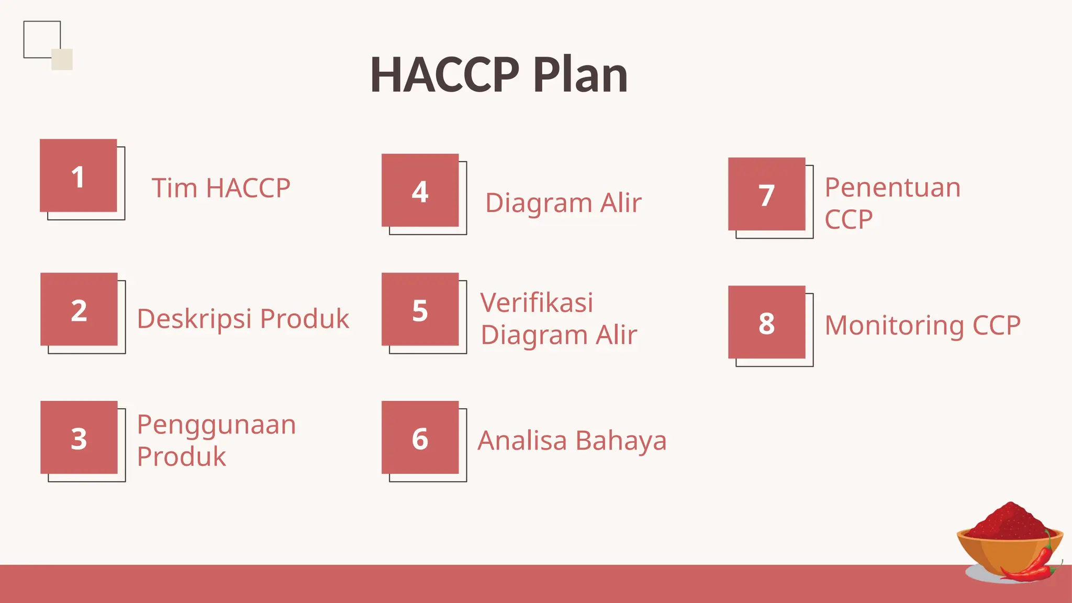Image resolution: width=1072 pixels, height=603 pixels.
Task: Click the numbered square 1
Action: pyautogui.click(x=79, y=176)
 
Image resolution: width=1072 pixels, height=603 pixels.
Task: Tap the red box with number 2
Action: pyautogui.click(x=79, y=309)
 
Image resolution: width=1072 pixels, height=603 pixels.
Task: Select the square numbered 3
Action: pyautogui.click(x=79, y=438)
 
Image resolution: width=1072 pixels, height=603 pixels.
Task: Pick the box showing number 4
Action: pyautogui.click(x=420, y=191)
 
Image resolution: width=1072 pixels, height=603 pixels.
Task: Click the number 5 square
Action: pyautogui.click(x=420, y=309)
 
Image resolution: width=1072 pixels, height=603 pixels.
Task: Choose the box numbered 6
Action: pyautogui.click(x=420, y=438)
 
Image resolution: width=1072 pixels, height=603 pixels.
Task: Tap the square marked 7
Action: pyautogui.click(x=767, y=194)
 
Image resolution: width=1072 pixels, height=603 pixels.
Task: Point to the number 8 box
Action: pyautogui.click(x=767, y=322)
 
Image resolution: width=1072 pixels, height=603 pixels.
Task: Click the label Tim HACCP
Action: pyautogui.click(x=221, y=188)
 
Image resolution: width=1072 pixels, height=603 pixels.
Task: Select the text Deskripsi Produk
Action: pyautogui.click(x=243, y=319)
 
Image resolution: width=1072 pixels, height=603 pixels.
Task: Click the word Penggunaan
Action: pyautogui.click(x=216, y=425)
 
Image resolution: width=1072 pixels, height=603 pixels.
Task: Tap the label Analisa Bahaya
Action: pyautogui.click(x=572, y=440)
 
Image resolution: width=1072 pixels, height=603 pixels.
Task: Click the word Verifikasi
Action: pyautogui.click(x=537, y=303)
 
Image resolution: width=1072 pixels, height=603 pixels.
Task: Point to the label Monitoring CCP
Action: pyautogui.click(x=922, y=325)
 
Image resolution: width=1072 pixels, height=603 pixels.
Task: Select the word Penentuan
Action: pyautogui.click(x=892, y=187)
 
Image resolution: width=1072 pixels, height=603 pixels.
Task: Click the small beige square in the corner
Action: pyautogui.click(x=62, y=60)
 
